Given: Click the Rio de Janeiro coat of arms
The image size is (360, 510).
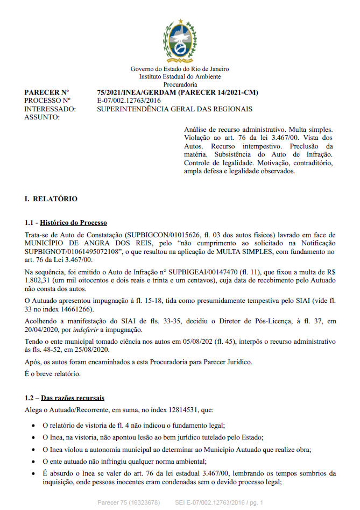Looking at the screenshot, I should (180, 41).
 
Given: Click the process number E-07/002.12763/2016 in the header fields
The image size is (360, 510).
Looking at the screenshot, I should (129, 101).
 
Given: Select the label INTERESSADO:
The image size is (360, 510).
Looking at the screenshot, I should (50, 109).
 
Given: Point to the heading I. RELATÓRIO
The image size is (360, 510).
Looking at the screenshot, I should (51, 199).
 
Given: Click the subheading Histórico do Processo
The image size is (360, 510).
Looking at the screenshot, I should (73, 223).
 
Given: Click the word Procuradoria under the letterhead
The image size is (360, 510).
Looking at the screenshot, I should (180, 84).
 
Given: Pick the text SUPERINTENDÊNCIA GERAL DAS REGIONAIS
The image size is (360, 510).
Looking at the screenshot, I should (174, 109).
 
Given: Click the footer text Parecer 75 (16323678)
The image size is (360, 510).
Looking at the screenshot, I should (129, 502).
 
